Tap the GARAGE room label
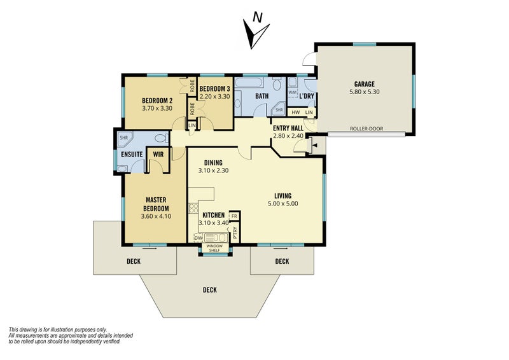click(364, 85)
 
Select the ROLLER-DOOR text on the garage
click(366, 128)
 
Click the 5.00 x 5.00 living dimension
click(282, 204)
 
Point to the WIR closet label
click(158, 155)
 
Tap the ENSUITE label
click(132, 155)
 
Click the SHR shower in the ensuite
click(123, 137)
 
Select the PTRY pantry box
click(235, 232)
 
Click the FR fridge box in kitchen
click(234, 216)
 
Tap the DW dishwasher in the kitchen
click(198, 238)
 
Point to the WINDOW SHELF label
click(214, 248)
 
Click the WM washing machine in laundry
click(293, 92)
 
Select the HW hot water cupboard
click(296, 113)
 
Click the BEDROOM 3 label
click(214, 88)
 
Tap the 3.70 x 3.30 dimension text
click(157, 108)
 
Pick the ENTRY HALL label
click(288, 128)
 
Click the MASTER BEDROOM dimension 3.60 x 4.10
click(156, 216)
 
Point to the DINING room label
click(213, 163)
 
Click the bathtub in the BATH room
click(249, 82)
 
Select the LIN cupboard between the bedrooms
click(192, 125)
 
